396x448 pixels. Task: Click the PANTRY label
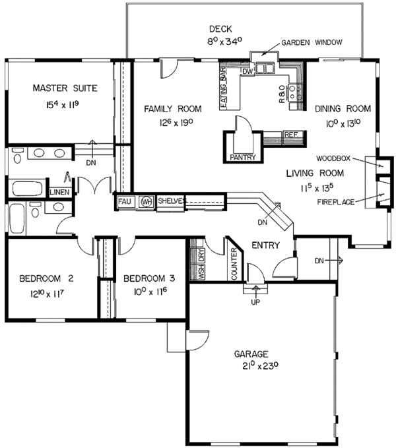(243, 157)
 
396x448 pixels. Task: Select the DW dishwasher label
(247, 71)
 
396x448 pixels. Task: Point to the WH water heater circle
(147, 202)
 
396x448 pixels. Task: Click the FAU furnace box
(125, 202)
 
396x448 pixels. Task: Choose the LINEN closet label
(59, 192)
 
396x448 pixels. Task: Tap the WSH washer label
(202, 272)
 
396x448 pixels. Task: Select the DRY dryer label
(202, 255)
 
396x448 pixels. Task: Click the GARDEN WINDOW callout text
(312, 43)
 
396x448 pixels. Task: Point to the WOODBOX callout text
(333, 158)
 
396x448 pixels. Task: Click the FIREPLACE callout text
(336, 203)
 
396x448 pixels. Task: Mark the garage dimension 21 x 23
(260, 366)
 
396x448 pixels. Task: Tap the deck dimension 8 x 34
(225, 41)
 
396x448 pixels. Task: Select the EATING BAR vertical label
(224, 88)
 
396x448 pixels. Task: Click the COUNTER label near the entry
(234, 264)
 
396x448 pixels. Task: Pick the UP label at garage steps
(255, 302)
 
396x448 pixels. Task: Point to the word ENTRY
(265, 245)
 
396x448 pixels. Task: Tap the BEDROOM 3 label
(149, 278)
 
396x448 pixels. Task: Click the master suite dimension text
(63, 105)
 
